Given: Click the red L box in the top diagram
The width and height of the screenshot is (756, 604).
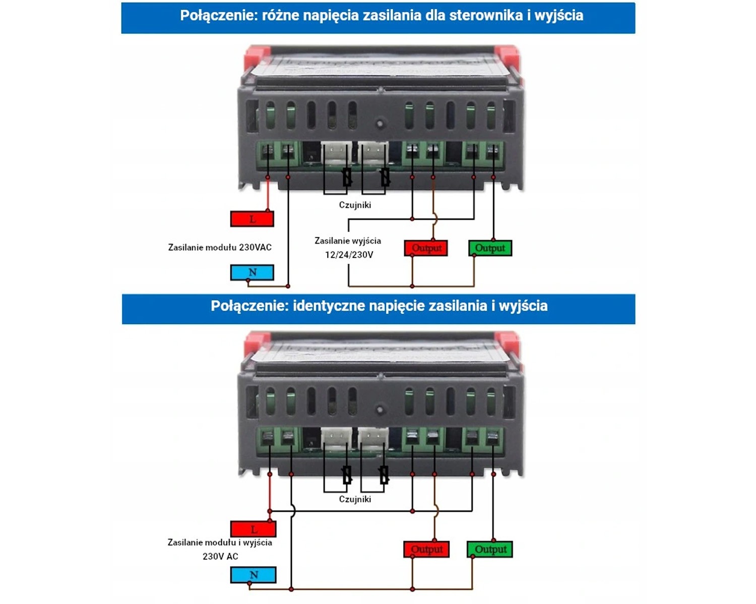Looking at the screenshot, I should click(252, 219).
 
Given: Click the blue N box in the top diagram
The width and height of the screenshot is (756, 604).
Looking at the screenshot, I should click(252, 272).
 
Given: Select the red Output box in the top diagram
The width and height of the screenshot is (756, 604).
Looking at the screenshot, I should click(426, 248).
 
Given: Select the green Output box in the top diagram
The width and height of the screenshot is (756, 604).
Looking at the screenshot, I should click(490, 248).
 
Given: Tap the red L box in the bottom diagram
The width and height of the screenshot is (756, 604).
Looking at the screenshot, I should click(254, 529).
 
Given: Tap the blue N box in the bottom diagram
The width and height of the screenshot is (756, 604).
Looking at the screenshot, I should click(254, 575).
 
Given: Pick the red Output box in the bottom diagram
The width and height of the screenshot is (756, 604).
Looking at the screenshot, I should click(426, 549).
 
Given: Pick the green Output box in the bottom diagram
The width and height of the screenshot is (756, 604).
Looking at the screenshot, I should click(490, 549).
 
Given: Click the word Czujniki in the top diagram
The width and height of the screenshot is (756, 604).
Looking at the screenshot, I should click(355, 205).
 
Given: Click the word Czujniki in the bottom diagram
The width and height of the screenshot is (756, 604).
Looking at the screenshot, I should click(355, 499).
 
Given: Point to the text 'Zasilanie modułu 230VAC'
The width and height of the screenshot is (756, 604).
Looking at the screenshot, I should click(220, 247).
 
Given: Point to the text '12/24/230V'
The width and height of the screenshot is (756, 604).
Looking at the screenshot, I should click(349, 255).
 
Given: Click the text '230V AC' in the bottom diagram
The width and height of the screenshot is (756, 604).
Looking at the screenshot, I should click(220, 556).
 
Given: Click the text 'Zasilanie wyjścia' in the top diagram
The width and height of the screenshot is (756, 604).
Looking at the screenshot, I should click(348, 241).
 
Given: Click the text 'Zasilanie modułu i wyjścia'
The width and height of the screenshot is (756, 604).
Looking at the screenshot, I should click(220, 543).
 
